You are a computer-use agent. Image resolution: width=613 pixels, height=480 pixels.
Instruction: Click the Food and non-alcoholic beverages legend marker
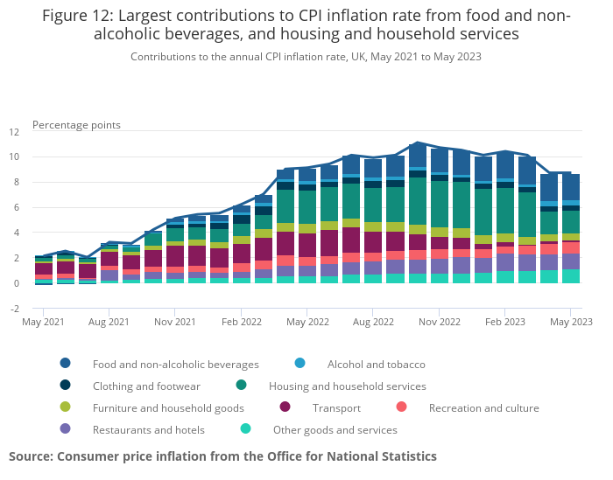[x=66, y=364]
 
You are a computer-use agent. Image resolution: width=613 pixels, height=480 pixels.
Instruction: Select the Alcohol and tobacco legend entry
[x=376, y=364]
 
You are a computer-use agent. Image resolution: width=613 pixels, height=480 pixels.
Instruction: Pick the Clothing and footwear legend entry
[x=146, y=386]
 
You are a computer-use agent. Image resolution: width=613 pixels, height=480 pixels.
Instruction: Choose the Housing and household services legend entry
[x=348, y=386]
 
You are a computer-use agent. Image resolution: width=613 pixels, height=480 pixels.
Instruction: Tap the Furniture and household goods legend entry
[x=168, y=407]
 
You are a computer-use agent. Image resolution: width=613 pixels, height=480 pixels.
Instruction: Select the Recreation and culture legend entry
[x=483, y=407]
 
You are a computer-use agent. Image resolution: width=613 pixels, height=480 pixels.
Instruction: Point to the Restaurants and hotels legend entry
[x=148, y=429]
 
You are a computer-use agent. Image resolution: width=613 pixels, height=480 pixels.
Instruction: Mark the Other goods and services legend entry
[x=335, y=429]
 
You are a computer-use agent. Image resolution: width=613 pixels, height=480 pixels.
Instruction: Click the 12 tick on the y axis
[x=14, y=132]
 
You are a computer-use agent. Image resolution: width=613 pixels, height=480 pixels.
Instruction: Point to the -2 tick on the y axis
[x=14, y=309]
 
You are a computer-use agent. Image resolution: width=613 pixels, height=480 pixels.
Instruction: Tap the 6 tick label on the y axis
[x=16, y=208]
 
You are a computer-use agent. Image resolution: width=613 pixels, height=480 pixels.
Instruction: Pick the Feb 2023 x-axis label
[x=505, y=322]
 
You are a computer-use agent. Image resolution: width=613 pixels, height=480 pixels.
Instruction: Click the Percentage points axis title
[x=76, y=125]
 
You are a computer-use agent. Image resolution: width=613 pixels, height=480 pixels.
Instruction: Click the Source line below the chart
[x=222, y=456]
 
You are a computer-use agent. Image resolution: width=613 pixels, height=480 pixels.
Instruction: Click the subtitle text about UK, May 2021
[x=306, y=57]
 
